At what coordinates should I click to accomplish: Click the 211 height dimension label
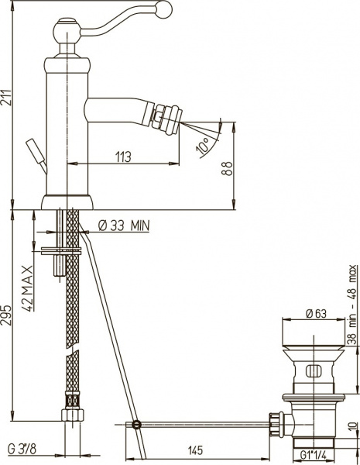(6, 98)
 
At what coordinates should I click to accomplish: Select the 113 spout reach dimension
(123, 157)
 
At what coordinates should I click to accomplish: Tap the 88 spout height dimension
(228, 169)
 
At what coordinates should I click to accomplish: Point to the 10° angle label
(204, 146)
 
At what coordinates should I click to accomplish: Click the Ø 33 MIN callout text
(124, 226)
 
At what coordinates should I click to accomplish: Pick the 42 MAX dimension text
(28, 288)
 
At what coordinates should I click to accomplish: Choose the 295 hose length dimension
(6, 315)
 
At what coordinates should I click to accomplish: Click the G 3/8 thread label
(22, 449)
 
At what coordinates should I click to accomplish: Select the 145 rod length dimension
(196, 450)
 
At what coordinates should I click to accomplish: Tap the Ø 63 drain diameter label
(316, 313)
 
